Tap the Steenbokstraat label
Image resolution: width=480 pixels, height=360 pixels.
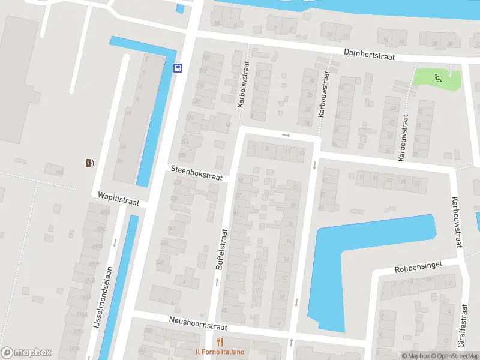tap(196, 173)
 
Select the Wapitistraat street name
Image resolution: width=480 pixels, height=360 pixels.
tap(118, 199)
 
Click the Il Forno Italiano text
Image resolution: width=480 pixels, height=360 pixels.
tap(220, 352)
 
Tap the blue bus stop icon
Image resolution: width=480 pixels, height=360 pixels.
tap(178, 68)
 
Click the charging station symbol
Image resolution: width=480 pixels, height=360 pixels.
tap(89, 162)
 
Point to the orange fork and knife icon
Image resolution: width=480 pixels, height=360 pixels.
tap(220, 342)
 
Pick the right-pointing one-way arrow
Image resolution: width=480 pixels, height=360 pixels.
tap(286, 135)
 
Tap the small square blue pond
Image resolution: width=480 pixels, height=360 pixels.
tap(180, 8)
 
